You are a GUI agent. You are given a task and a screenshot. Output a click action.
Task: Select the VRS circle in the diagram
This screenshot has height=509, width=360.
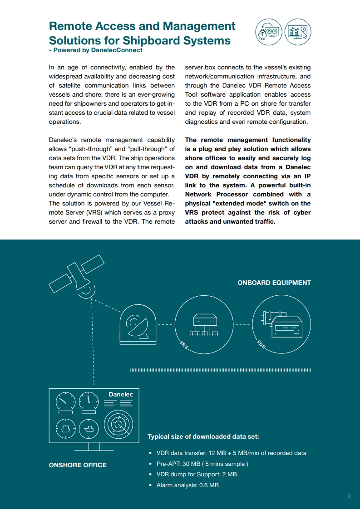pyautogui.click(x=203, y=325)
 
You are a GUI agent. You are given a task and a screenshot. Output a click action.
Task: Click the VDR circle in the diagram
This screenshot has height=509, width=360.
pyautogui.click(x=281, y=325)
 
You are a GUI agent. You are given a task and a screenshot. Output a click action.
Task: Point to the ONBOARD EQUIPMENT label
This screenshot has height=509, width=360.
pyautogui.click(x=274, y=283)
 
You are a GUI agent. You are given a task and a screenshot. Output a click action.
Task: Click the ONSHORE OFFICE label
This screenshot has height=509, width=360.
pyautogui.click(x=78, y=465)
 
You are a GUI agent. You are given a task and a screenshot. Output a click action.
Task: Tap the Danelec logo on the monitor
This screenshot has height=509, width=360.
pyautogui.click(x=120, y=394)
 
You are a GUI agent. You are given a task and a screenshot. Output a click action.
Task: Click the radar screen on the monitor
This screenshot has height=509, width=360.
pyautogui.click(x=119, y=425)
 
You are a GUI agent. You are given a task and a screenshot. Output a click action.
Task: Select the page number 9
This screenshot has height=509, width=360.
pyautogui.click(x=349, y=496)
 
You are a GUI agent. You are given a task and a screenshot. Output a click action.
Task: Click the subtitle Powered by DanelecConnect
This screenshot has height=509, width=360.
pyautogui.click(x=98, y=50)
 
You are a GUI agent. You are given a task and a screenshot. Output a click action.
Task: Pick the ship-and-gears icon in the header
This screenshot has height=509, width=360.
pyautogui.click(x=268, y=32)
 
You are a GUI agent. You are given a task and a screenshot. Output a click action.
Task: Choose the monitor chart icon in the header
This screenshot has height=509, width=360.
pyautogui.click(x=298, y=32)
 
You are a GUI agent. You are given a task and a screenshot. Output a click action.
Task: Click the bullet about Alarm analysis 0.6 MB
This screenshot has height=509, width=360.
pyautogui.click(x=187, y=485)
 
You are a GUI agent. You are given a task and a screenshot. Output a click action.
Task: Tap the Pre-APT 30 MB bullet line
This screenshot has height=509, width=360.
pyautogui.click(x=202, y=464)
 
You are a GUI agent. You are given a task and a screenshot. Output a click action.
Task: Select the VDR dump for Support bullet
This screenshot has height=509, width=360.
pyautogui.click(x=197, y=475)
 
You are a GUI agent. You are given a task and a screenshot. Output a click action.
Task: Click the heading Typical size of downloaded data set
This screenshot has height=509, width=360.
pyautogui.click(x=203, y=436)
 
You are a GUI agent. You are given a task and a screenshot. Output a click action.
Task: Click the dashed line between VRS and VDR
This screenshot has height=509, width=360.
pyautogui.click(x=242, y=325)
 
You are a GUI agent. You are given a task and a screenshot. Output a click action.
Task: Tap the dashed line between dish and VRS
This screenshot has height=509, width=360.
pyautogui.click(x=166, y=325)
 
